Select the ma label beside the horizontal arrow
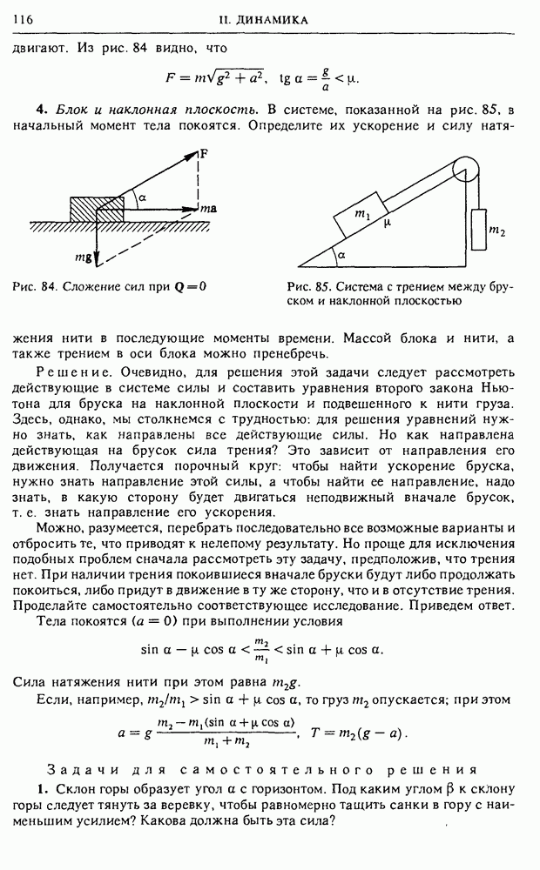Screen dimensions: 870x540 [x=208, y=210]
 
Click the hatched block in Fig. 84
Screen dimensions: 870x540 [x=97, y=209]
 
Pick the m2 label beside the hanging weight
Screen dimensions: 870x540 [x=497, y=231]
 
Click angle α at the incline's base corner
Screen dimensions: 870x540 [x=341, y=255]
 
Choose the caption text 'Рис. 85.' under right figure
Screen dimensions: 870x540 [x=307, y=287]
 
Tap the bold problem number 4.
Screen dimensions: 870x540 [x=40, y=110]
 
